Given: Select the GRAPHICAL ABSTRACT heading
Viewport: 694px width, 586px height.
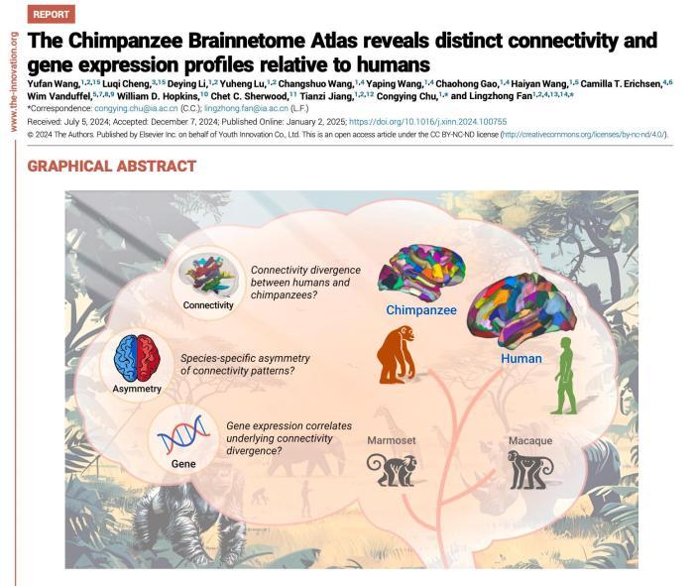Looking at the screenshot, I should (x=110, y=166).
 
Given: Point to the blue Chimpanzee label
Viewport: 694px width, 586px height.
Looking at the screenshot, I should (x=421, y=310).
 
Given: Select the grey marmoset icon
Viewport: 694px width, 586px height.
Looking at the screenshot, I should (x=390, y=469).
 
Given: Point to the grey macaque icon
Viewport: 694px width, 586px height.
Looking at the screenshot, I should (x=530, y=470).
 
